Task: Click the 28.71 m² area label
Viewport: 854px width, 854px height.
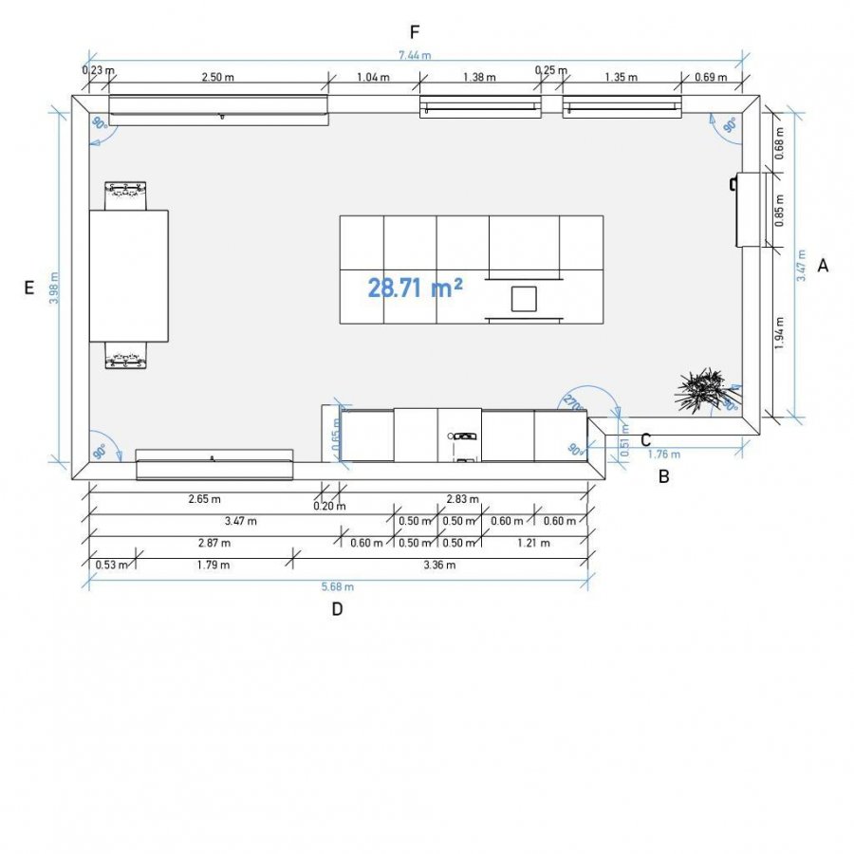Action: pos(415,288)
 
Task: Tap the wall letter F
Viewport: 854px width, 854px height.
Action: pos(415,32)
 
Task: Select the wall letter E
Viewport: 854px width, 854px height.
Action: pos(29,287)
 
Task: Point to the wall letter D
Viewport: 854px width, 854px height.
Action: pos(337,609)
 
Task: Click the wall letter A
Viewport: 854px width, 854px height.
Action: pos(823,266)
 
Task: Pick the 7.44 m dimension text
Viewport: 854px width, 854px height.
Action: pos(415,55)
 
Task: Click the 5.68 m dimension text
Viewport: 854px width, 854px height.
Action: pos(338,586)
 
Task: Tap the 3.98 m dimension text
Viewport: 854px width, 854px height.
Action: pos(54,288)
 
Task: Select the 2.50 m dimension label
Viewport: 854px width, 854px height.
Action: pos(218,77)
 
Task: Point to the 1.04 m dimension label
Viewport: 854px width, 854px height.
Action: pos(373,77)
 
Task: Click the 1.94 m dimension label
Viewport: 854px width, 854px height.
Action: pos(779,333)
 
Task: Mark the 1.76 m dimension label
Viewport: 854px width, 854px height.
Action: pos(664,455)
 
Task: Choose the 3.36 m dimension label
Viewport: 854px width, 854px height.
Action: pos(439,565)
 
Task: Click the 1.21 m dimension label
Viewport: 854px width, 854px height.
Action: pos(533,543)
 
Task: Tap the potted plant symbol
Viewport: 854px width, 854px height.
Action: pos(701,389)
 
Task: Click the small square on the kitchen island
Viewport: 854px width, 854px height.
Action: pos(524,299)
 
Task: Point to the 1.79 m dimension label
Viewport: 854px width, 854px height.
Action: pos(213,565)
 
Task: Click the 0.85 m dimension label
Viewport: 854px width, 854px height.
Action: pos(779,211)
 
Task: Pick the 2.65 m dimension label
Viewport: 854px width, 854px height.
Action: pos(205,499)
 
